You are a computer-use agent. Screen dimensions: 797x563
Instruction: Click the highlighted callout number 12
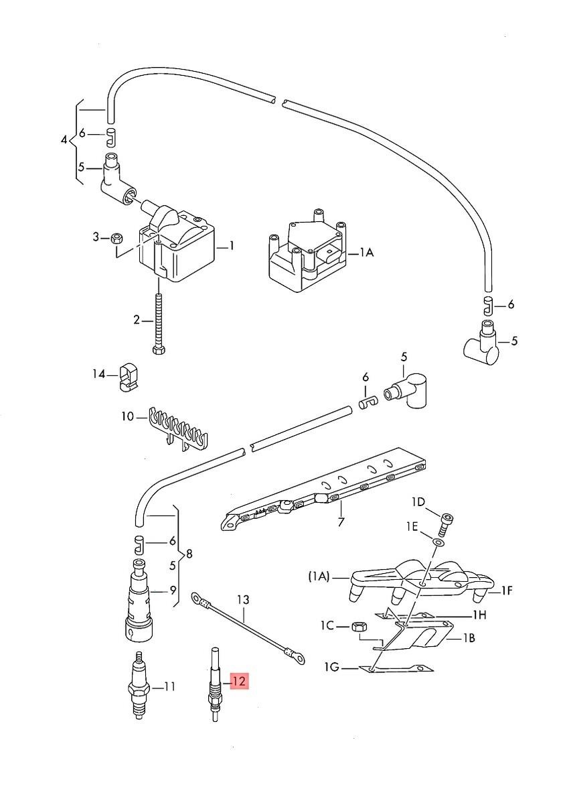(239, 682)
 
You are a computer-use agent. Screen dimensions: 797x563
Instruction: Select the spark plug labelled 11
(138, 686)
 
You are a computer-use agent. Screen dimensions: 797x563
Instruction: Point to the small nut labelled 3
(115, 237)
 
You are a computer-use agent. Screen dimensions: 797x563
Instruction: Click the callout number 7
(341, 522)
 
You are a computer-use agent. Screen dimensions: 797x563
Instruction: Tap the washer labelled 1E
(437, 542)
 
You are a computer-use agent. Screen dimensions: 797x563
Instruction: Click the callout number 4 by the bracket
(64, 140)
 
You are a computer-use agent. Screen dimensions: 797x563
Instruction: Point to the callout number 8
(189, 554)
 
